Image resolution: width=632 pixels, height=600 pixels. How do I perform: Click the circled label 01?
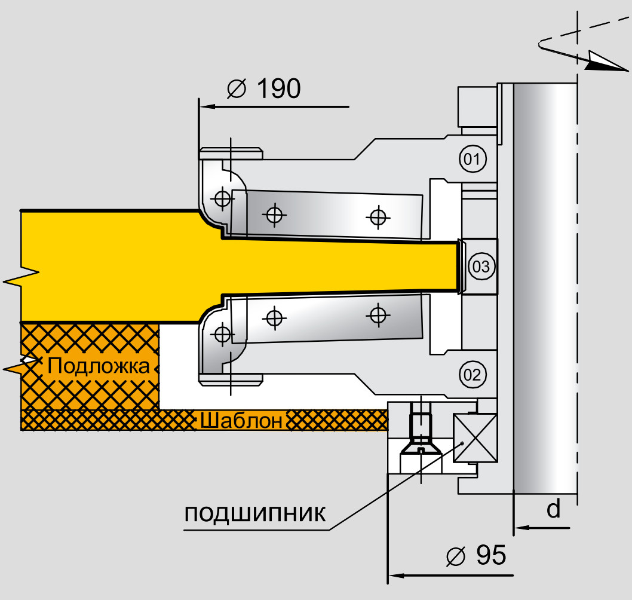click(x=472, y=159)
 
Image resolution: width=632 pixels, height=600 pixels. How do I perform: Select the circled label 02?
click(x=472, y=375)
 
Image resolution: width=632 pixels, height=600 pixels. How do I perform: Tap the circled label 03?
click(x=481, y=267)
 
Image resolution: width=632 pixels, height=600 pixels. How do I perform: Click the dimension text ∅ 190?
click(x=263, y=90)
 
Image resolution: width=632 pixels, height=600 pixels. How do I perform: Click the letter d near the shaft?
click(x=554, y=509)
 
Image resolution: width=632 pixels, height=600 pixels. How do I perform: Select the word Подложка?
click(x=99, y=365)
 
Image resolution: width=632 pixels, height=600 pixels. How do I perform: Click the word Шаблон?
click(x=241, y=421)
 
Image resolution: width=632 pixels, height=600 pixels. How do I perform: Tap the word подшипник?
click(x=255, y=514)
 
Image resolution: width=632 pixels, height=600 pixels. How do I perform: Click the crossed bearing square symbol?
click(x=475, y=438)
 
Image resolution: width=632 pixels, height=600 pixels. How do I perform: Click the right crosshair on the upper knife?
click(x=377, y=217)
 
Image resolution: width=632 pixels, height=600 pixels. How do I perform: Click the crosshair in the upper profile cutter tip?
click(x=222, y=198)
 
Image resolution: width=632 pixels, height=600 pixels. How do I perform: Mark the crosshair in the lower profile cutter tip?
click(x=222, y=334)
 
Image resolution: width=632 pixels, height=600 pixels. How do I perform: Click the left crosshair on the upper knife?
click(x=274, y=214)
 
